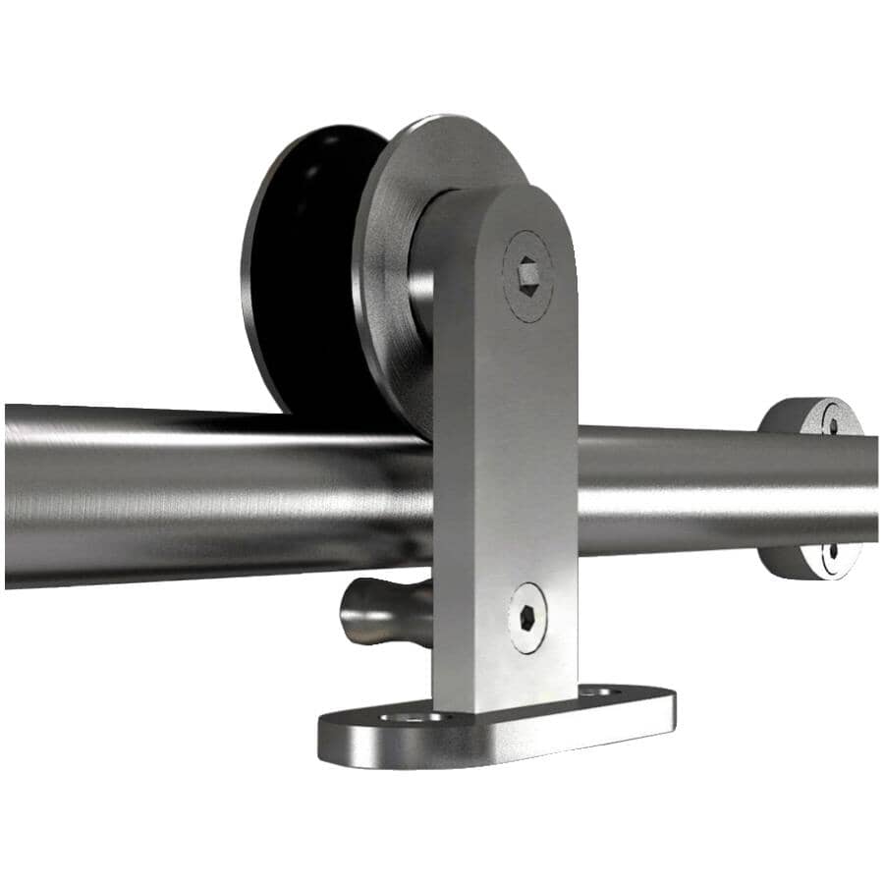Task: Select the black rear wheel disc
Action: click(x=295, y=265)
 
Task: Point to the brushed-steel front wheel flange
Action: click(x=393, y=226)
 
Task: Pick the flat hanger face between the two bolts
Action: click(x=506, y=442)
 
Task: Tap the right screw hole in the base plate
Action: click(x=598, y=692)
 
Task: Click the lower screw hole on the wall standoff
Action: click(x=833, y=555)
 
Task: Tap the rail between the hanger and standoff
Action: click(x=668, y=486)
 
